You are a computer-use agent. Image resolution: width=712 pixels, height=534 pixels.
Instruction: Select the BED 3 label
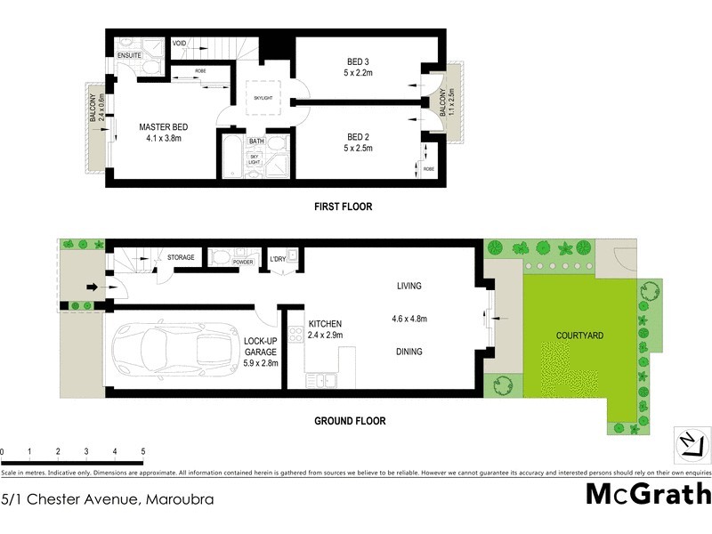coord(358,61)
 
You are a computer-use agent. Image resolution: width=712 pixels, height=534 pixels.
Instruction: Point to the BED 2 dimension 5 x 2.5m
coord(358,148)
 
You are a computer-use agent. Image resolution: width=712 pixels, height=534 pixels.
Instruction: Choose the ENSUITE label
coord(129,56)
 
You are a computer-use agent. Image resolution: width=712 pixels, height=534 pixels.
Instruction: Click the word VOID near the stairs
coord(179,43)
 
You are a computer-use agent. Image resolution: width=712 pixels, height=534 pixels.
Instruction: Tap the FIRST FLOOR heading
coord(343,206)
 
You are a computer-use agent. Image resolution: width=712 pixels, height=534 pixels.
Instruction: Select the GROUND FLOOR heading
coord(349,421)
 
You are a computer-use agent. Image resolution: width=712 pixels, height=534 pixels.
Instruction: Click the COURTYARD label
coord(579,336)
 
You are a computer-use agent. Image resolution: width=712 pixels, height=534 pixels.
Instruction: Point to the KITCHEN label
coord(325,324)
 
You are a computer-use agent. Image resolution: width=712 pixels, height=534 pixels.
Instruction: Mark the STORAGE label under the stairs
coord(181,258)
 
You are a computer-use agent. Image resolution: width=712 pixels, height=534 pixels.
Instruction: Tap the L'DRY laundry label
coord(279,260)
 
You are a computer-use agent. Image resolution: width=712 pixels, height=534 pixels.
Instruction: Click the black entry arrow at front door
coord(91,287)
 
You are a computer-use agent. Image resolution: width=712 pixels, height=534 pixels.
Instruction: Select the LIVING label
coord(409,287)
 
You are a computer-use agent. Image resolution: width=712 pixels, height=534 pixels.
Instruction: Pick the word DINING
coord(409,352)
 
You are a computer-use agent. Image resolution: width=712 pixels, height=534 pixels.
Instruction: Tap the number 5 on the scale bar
coord(142,451)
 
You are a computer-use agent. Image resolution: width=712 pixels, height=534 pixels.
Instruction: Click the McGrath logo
coord(647,494)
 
